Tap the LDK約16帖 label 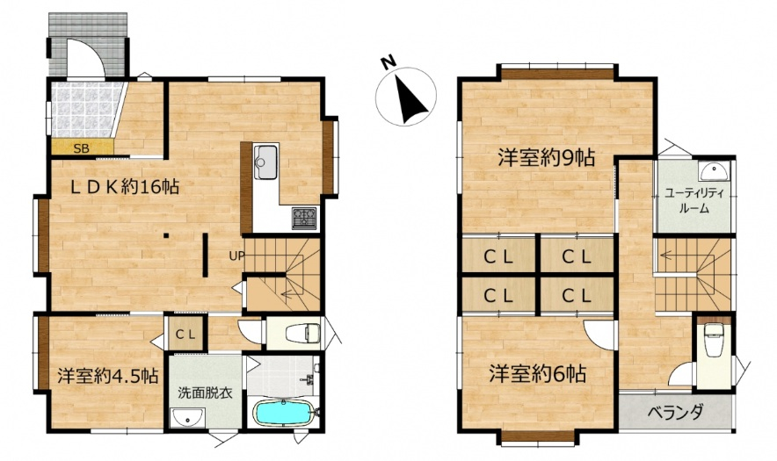[124, 187]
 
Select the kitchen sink [265, 162]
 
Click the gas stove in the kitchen [304, 218]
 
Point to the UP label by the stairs [236, 256]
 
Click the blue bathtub [283, 412]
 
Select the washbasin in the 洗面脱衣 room [187, 417]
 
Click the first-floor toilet [302, 332]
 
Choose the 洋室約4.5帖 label [107, 375]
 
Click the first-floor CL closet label [185, 335]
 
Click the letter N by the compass [388, 61]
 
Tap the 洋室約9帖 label [546, 158]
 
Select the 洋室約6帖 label [537, 374]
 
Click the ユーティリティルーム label [693, 200]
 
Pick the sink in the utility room [714, 171]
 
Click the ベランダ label [675, 412]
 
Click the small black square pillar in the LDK [167, 235]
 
